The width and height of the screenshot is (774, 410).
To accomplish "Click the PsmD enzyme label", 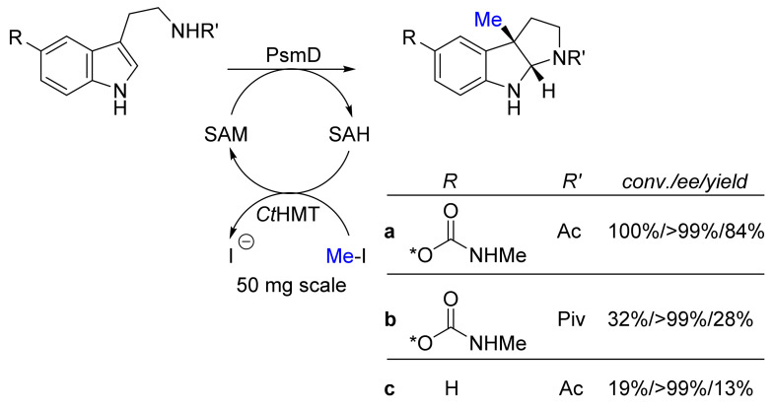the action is click(x=293, y=55).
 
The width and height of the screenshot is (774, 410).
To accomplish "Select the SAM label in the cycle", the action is click(x=226, y=134).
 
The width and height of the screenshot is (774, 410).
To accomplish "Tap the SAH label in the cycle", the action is click(x=349, y=134).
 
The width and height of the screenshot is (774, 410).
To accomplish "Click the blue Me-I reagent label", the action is click(x=345, y=256).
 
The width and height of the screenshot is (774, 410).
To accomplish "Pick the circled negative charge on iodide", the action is click(x=246, y=241).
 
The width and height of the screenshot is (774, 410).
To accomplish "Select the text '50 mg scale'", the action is click(x=291, y=285).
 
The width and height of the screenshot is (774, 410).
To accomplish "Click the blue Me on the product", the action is click(x=488, y=20).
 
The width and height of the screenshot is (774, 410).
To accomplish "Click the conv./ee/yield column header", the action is click(x=684, y=182).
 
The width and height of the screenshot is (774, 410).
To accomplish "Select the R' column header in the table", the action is click(x=572, y=181).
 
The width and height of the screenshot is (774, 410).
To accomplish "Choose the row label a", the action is click(x=390, y=232).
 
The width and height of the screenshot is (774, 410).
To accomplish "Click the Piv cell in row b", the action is click(x=571, y=319).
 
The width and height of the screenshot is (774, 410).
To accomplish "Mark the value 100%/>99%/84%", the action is click(x=686, y=232).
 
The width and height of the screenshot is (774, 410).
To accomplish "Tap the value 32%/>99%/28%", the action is click(x=680, y=319).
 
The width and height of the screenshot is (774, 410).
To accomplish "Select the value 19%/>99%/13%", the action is click(x=680, y=389).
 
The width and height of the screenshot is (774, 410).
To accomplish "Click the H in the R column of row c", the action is click(x=451, y=389).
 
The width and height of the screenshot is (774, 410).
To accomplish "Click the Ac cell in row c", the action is click(x=571, y=389).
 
